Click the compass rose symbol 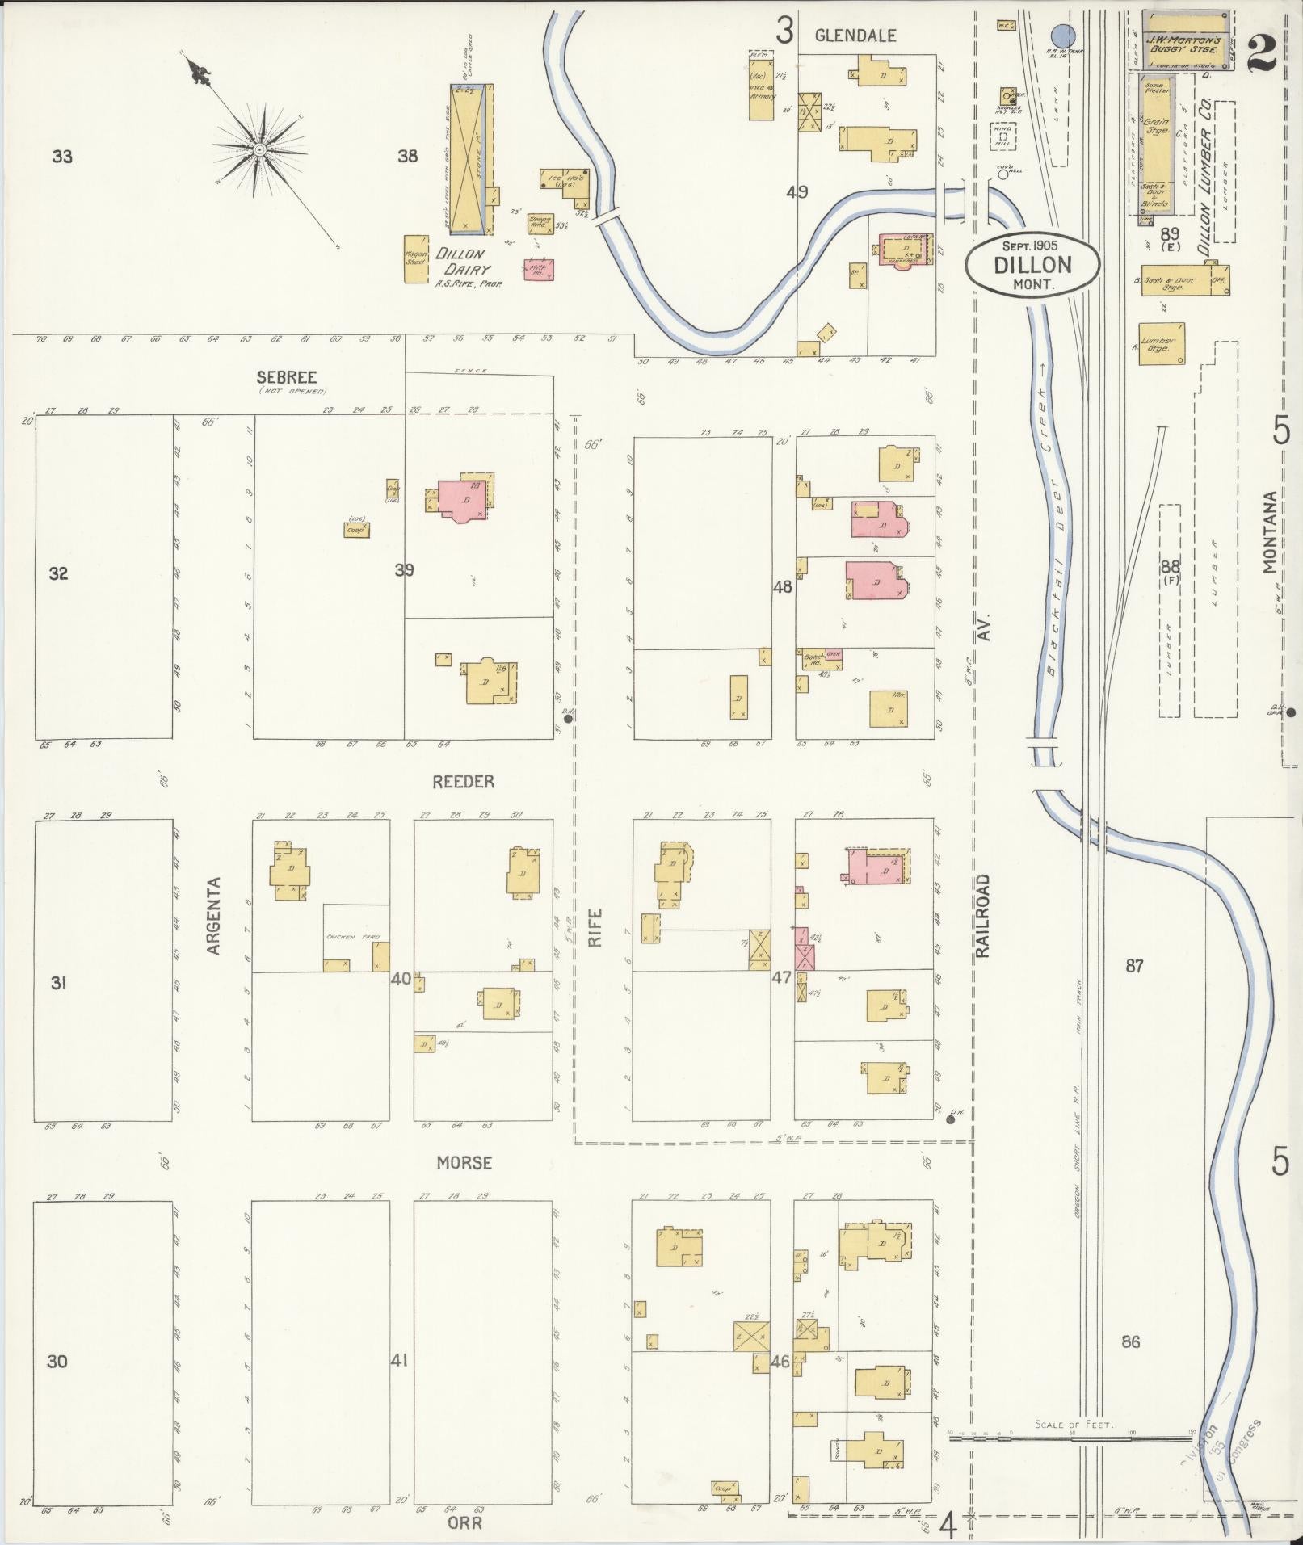[259, 150]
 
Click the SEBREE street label [286, 377]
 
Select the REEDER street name [463, 782]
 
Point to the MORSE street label [464, 1162]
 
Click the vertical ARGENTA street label [214, 916]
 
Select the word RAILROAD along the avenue [982, 916]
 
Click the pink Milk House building [539, 270]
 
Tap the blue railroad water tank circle [1064, 36]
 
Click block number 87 [1134, 966]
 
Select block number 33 [62, 156]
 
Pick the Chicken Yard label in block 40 [353, 937]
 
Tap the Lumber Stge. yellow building [1162, 344]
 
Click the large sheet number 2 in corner [1260, 55]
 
